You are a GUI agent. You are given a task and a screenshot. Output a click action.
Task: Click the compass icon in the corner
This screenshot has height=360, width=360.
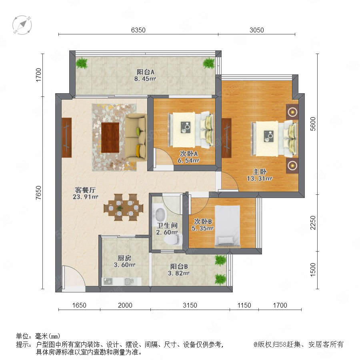(22, 25)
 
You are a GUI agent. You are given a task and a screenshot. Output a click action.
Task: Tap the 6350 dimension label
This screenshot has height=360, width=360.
(138, 30)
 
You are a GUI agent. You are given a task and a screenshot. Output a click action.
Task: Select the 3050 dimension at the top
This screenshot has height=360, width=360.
(257, 30)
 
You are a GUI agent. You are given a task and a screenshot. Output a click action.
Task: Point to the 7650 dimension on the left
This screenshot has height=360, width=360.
(38, 192)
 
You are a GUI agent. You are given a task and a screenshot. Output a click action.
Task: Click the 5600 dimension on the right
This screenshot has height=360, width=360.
(313, 124)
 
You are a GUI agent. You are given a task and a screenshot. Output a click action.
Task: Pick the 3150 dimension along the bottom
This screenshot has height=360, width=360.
(190, 305)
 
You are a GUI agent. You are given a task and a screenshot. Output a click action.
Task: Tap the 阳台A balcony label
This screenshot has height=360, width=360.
(146, 72)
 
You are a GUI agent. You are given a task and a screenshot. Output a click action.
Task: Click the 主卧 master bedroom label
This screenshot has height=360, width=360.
(260, 172)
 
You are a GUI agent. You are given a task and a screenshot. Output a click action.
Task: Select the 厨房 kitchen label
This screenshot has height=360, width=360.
(124, 258)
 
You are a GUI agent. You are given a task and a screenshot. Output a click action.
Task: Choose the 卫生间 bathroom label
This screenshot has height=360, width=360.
(167, 226)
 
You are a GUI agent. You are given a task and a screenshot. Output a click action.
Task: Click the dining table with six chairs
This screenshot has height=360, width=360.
(123, 208)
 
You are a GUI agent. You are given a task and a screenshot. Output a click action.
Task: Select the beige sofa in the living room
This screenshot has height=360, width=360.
(136, 138)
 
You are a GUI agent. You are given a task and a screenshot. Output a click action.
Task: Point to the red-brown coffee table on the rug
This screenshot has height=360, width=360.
(110, 138)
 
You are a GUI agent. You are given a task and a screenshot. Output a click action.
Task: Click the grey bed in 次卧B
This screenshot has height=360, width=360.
(228, 226)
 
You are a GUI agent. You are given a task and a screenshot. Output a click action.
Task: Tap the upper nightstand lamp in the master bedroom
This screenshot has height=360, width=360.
(292, 112)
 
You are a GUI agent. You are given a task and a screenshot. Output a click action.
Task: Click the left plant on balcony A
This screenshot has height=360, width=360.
(82, 63)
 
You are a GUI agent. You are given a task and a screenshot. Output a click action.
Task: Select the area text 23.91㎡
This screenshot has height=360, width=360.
(86, 197)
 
